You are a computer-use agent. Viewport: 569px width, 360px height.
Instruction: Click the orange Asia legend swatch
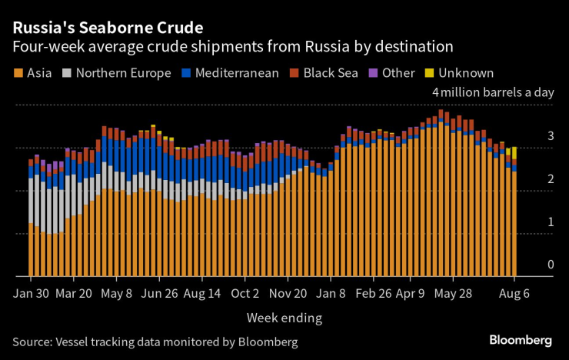click(x=18, y=73)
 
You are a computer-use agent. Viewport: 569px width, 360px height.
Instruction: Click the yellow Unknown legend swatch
click(x=429, y=73)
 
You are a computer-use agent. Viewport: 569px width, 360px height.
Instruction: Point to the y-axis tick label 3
click(x=551, y=136)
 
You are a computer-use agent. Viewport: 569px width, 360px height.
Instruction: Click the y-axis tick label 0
click(x=551, y=265)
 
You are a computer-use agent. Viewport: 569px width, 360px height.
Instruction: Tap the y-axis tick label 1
click(x=551, y=222)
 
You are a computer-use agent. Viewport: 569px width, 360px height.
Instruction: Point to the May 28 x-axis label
click(x=453, y=293)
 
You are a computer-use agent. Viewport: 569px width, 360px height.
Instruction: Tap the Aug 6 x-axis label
click(x=514, y=293)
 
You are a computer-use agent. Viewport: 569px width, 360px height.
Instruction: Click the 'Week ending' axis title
click(x=284, y=317)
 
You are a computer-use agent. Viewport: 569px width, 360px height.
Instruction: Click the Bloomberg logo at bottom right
click(x=521, y=340)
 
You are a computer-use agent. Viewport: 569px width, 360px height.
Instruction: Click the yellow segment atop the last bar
click(x=514, y=152)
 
